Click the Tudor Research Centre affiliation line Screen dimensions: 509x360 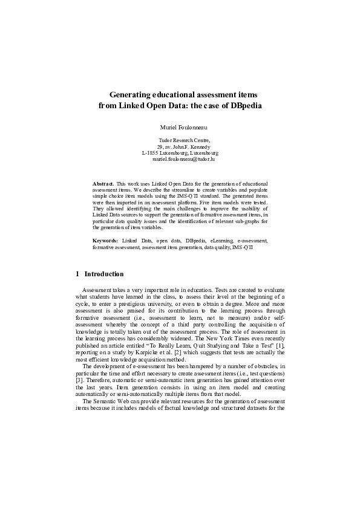[180, 140]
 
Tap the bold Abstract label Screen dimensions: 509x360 [103, 183]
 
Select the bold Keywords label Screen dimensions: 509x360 [105, 241]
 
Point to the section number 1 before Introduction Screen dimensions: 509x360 [77, 274]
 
